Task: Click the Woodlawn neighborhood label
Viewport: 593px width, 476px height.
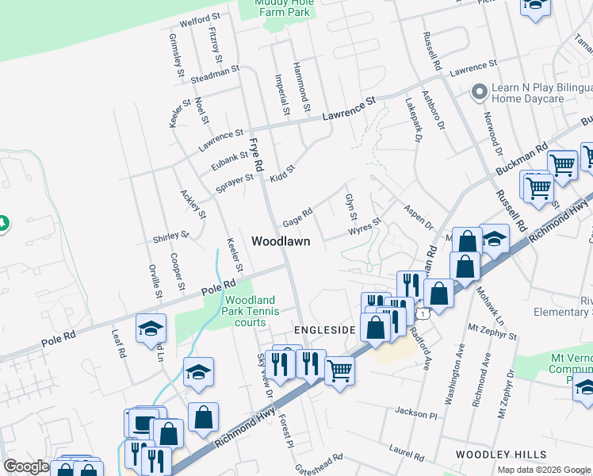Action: (280, 240)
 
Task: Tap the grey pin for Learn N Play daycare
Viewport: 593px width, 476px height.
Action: (479, 93)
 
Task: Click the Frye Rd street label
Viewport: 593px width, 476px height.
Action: (256, 153)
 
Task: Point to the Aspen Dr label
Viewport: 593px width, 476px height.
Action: (419, 215)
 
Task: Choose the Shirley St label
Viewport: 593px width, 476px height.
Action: (171, 237)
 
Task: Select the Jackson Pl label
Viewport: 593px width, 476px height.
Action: (415, 413)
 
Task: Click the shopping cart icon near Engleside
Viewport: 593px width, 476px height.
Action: (339, 370)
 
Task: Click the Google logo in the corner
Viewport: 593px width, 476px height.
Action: (26, 466)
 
